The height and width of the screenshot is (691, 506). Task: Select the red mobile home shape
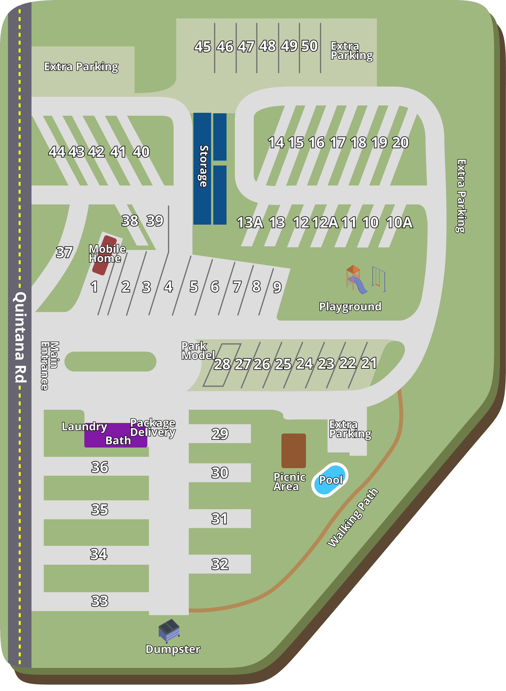click(104, 255)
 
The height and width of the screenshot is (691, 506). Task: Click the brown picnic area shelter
click(293, 450)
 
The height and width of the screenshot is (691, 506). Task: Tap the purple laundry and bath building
click(115, 435)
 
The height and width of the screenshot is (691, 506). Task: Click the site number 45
click(202, 47)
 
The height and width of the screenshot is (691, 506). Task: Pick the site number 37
click(64, 252)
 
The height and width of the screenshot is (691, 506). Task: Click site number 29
click(220, 434)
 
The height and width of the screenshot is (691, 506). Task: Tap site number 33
click(100, 601)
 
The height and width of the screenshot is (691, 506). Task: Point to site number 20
click(400, 142)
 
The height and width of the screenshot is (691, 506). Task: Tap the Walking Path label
click(353, 518)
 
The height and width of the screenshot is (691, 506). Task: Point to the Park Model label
click(197, 351)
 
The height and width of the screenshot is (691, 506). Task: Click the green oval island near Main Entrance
click(110, 361)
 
